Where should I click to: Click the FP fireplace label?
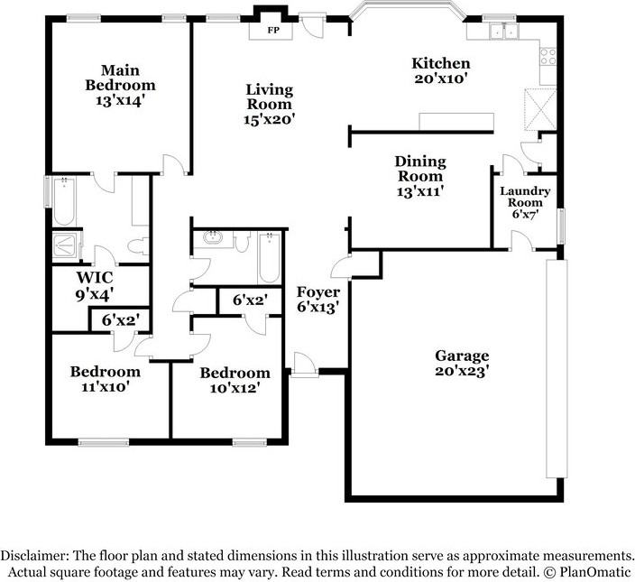(272, 30)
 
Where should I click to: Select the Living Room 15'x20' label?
(270, 104)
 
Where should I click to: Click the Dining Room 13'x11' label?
(420, 176)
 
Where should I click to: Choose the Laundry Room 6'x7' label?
(525, 202)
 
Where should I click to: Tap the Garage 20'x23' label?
(461, 363)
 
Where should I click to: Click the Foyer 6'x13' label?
(318, 300)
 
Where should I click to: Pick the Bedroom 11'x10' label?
(106, 378)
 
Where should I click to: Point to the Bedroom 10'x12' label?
(235, 380)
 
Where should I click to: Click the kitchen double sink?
(502, 32)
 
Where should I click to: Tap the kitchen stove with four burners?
(548, 57)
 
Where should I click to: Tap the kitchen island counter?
(456, 122)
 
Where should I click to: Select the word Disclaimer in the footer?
(33, 556)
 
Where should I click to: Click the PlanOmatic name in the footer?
(594, 572)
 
